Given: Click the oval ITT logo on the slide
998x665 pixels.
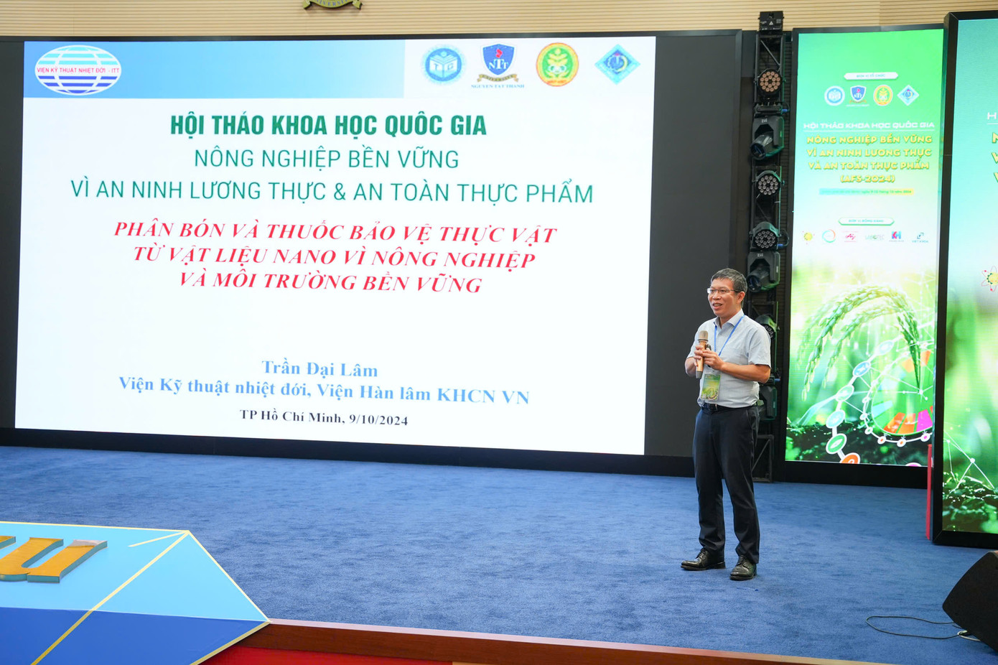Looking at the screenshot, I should (x=78, y=70).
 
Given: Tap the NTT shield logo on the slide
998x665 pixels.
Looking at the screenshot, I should (x=498, y=63).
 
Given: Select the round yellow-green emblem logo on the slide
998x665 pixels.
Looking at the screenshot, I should (x=557, y=65).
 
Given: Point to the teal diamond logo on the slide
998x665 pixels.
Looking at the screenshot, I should (x=617, y=64).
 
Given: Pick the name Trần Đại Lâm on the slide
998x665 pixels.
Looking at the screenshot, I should (x=320, y=369).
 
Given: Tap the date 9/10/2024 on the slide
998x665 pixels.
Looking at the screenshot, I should (x=378, y=419).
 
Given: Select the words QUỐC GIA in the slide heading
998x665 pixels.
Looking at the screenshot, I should (x=436, y=126).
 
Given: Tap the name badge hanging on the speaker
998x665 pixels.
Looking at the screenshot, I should (x=711, y=386).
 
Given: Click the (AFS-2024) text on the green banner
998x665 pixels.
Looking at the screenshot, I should (x=867, y=179).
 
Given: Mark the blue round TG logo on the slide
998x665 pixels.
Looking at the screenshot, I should (x=442, y=65).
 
